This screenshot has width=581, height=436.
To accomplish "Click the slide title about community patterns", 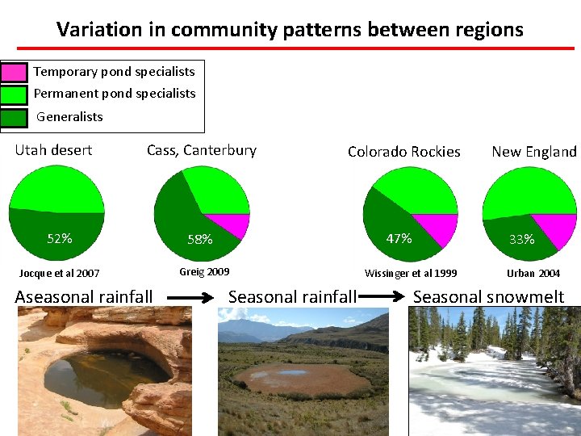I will coord(290,30).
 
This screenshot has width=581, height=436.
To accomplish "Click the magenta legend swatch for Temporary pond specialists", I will coord(15,72).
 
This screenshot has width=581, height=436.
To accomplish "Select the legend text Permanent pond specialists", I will coord(114,94).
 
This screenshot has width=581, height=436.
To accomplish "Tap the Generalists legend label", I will coord(69,116).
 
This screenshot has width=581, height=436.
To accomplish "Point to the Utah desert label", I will coord(53,150).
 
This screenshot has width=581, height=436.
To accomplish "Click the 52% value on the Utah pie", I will coord(60,238).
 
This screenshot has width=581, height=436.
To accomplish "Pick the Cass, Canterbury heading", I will coord(201,150).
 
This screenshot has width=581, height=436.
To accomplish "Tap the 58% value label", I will coord(199,239).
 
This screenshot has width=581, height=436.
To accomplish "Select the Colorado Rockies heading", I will coord(403,152).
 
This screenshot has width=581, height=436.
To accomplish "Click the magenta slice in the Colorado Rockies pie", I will coord(437,228).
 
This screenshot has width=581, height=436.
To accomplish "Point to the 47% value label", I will coord(399,238).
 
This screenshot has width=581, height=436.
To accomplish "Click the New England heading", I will coord(533,152).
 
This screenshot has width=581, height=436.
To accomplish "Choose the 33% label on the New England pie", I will coord(521,239).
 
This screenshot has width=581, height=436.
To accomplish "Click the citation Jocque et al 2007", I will coord(60,274).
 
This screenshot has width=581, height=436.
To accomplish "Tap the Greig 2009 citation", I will coord(204,272).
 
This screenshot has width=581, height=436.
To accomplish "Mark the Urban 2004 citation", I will coord(533,274).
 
